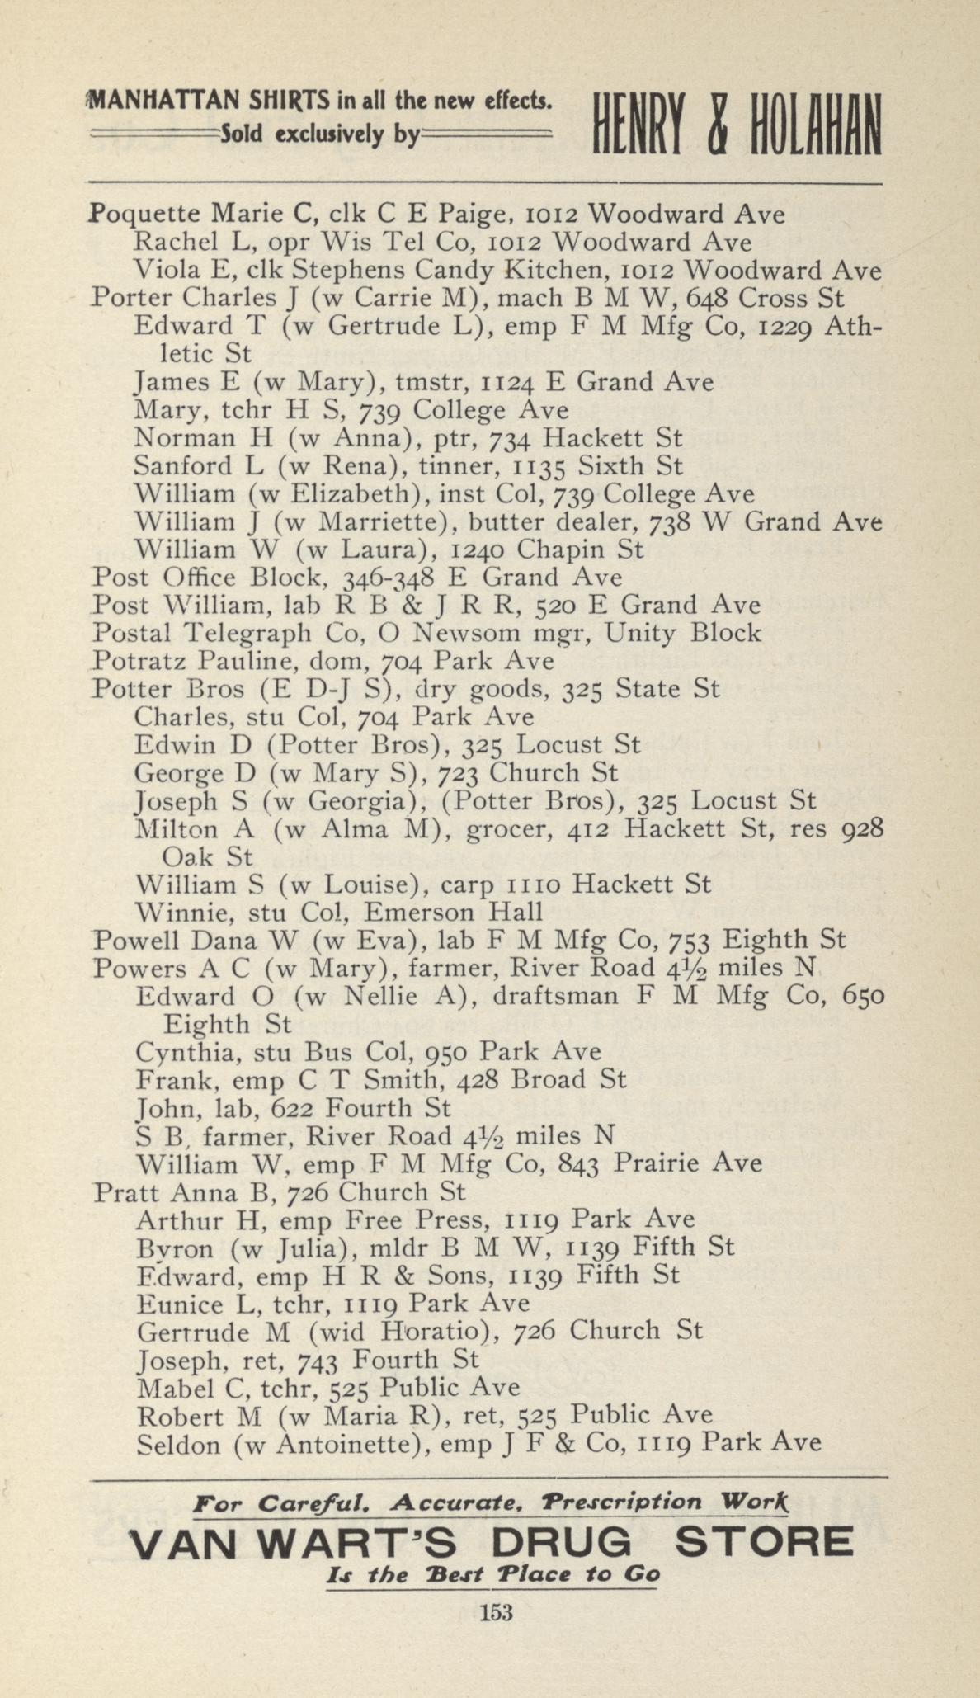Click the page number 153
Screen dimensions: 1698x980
coord(496,1611)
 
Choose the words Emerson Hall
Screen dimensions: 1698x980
coord(454,912)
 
